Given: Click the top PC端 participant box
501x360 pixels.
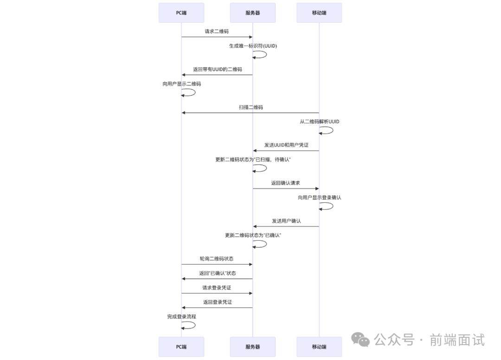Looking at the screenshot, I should click(x=181, y=13).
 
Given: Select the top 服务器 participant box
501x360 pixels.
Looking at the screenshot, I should click(x=252, y=13).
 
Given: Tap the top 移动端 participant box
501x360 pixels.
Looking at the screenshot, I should click(x=319, y=13).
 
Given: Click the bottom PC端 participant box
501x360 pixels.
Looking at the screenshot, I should click(x=181, y=347).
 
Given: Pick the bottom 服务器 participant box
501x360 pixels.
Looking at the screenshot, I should click(x=252, y=347).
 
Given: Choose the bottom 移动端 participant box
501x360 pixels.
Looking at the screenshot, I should click(x=319, y=347).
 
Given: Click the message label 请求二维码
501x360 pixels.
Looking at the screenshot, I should click(x=217, y=32).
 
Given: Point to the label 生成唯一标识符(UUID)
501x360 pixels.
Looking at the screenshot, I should click(x=253, y=46).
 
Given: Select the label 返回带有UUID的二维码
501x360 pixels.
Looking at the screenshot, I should click(x=218, y=70).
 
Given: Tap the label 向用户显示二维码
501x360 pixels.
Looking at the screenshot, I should click(x=181, y=84).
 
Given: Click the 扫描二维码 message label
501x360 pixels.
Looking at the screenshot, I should click(x=251, y=108).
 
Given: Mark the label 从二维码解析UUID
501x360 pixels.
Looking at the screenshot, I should click(x=319, y=122).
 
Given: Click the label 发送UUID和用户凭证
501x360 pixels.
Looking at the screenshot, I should click(x=286, y=145).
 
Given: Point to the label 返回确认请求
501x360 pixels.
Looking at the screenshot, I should click(x=286, y=183).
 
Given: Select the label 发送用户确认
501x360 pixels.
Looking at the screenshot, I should click(x=286, y=221).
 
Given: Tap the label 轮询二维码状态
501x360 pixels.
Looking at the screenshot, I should click(x=217, y=259).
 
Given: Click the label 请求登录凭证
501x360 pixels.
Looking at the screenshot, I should click(x=217, y=288).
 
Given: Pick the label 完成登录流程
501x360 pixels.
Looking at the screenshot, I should click(x=181, y=316).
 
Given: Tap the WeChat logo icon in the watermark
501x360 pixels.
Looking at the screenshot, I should click(x=360, y=340).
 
